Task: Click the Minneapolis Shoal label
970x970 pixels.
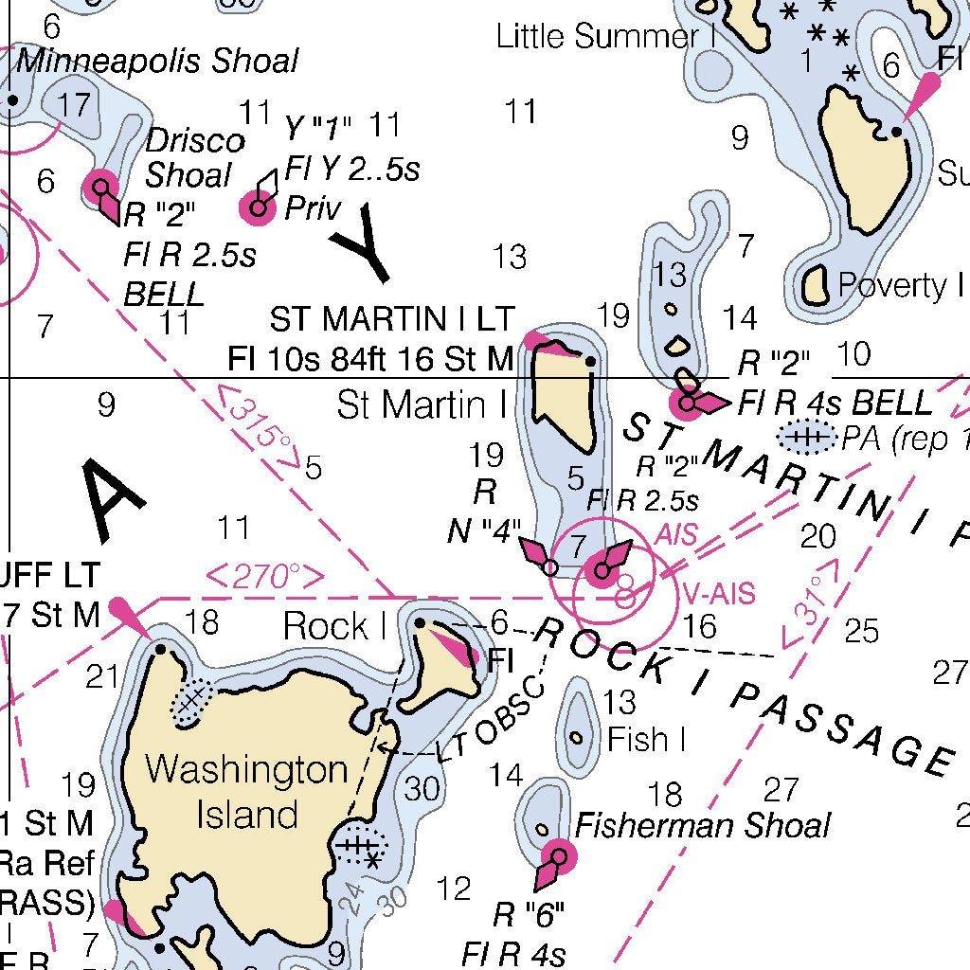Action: click(157, 62)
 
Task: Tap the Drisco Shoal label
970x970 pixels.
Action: click(193, 158)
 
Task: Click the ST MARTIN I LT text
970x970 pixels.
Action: click(391, 320)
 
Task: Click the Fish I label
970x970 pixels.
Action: click(646, 739)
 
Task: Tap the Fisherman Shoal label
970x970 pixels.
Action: click(703, 825)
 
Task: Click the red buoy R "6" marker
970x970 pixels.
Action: click(558, 858)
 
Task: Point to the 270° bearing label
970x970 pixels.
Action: click(265, 576)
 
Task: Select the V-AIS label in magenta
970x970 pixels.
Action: click(719, 595)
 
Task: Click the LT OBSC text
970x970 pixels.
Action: click(493, 720)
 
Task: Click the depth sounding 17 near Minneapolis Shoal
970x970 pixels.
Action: click(74, 105)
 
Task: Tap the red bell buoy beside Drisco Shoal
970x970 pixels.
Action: click(100, 187)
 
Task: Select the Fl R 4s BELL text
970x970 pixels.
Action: click(835, 404)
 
